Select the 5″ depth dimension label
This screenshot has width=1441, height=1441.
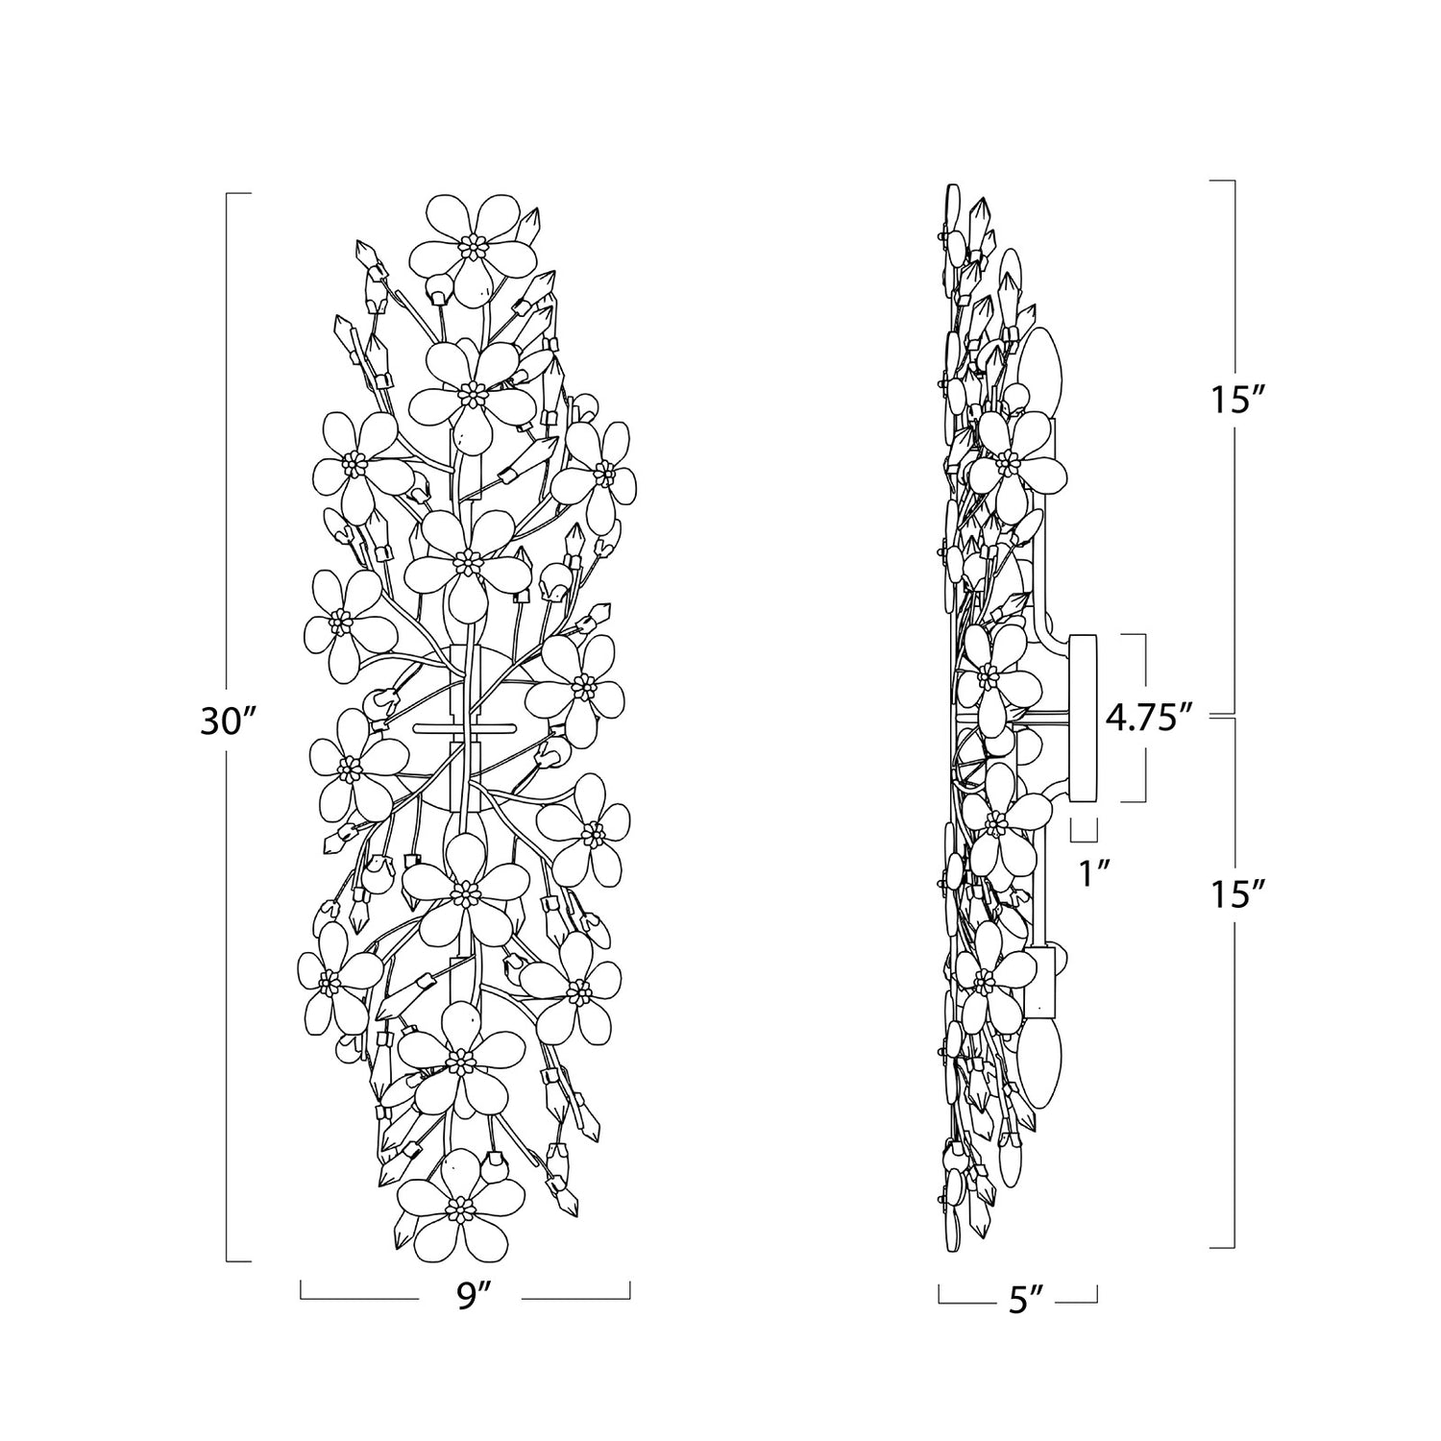pos(1019,1302)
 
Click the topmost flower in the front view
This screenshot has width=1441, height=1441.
pos(472,247)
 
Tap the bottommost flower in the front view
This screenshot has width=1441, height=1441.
pos(457,1205)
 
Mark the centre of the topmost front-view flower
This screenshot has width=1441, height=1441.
pos(472,247)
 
